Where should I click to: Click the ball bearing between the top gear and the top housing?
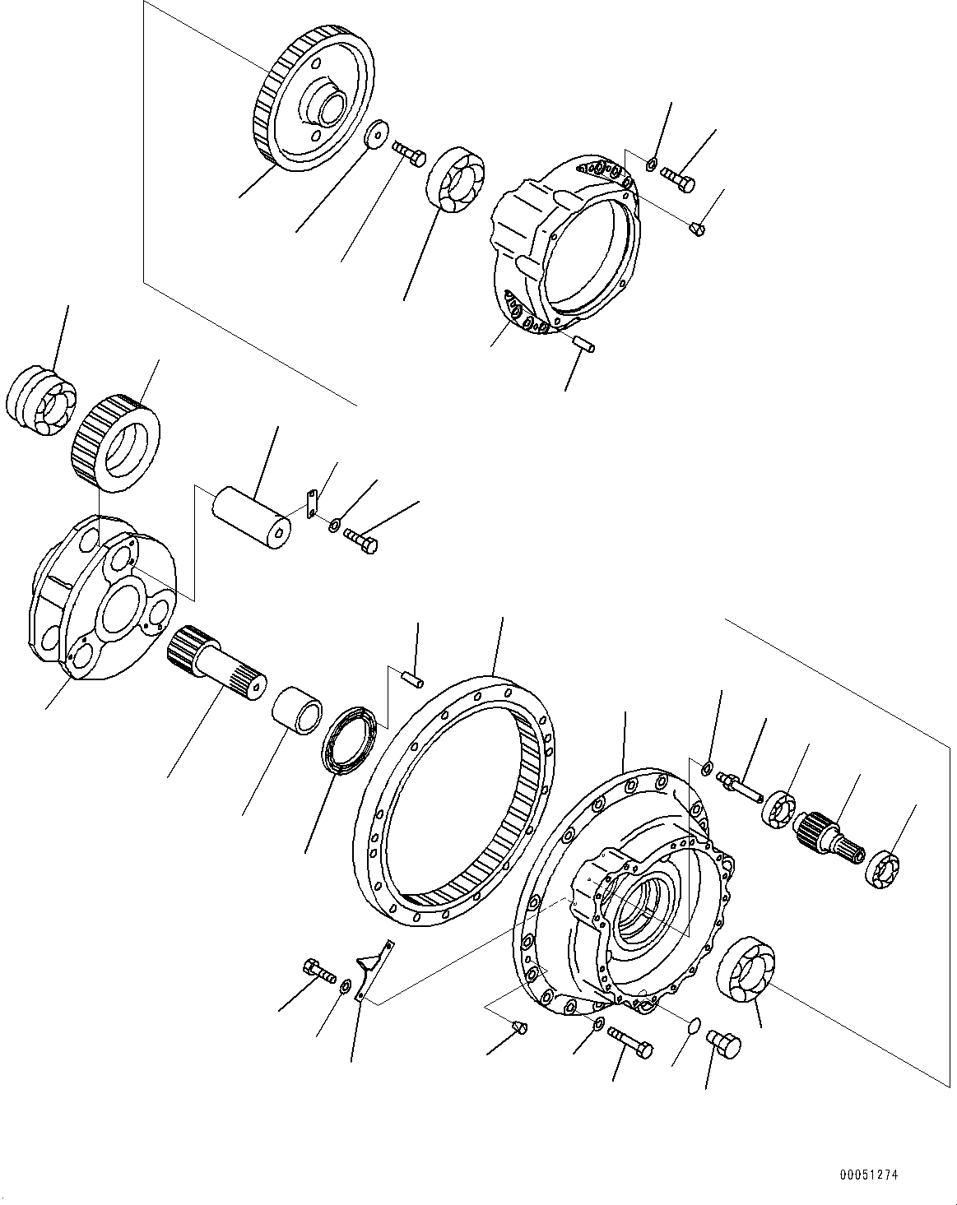click(x=455, y=180)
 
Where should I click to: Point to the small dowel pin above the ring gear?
click(x=413, y=678)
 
